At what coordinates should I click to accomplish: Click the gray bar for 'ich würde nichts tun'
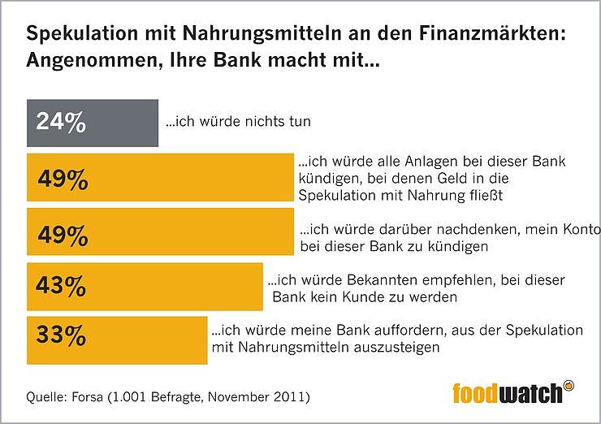pyautogui.click(x=93, y=123)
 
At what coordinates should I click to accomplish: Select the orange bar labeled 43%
pyautogui.click(x=145, y=285)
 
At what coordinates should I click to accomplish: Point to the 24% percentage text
pyautogui.click(x=60, y=123)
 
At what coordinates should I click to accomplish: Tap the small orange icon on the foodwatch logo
pyautogui.click(x=569, y=385)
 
